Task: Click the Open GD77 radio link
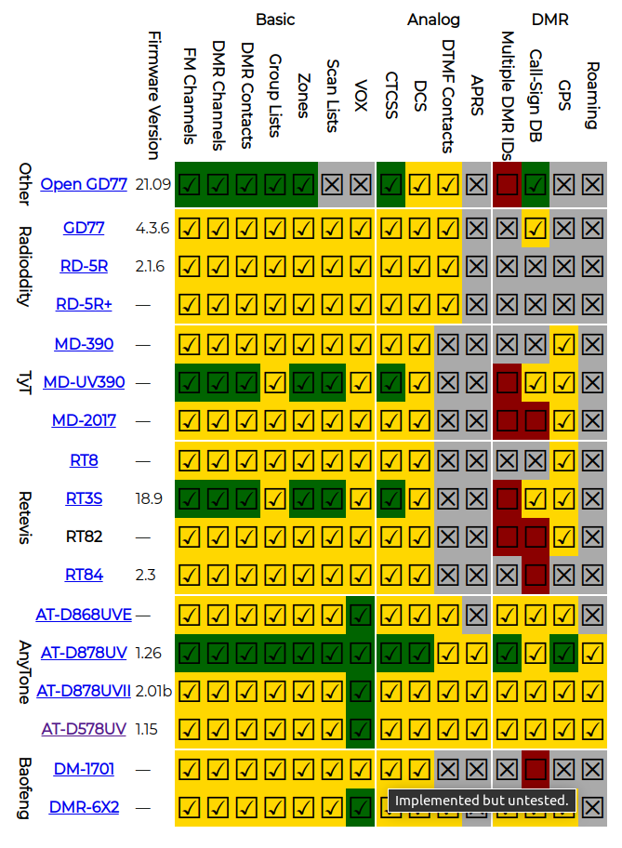point(84,184)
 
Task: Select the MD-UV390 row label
point(84,382)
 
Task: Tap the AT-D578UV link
point(84,728)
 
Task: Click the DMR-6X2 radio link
point(84,807)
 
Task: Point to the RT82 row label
point(84,537)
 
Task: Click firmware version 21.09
point(152,184)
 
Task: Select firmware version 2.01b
point(154,690)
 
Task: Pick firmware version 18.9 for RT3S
point(149,498)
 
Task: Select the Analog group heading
point(433,19)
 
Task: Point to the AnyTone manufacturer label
point(25,670)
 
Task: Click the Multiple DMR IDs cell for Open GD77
point(507,184)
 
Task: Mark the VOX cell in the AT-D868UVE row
point(362,615)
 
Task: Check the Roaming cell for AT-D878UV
point(592,653)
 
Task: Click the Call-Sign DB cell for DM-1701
point(536,769)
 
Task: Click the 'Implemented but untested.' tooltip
point(482,801)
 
